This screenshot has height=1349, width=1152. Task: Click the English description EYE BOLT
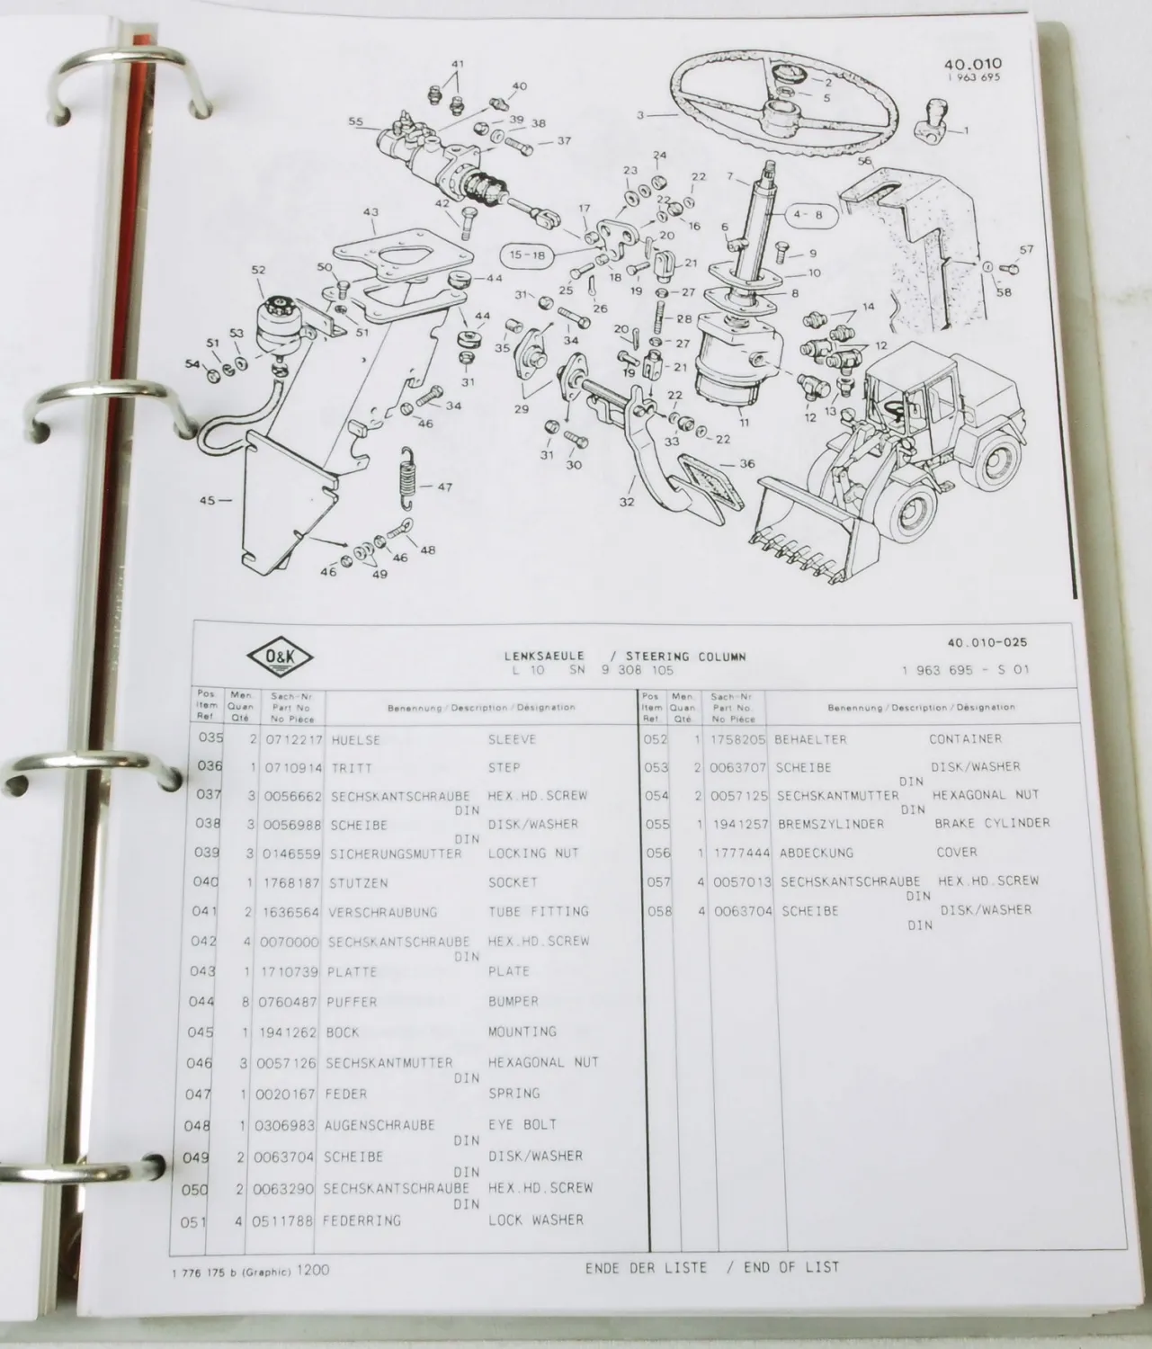[522, 1124]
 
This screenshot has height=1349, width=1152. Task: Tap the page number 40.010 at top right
[972, 65]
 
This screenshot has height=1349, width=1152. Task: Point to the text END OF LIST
[782, 1267]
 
